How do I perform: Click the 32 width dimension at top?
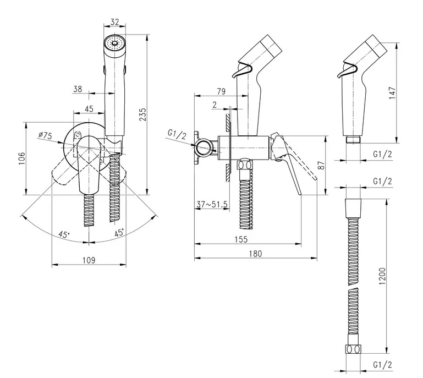click(114, 22)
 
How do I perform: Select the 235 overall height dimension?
click(142, 114)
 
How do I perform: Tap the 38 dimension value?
click(78, 89)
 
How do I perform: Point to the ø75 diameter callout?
click(45, 135)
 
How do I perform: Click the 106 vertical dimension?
click(22, 158)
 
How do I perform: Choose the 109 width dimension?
click(89, 260)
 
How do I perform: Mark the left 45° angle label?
click(64, 234)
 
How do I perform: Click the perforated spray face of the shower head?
click(115, 43)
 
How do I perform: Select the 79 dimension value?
click(221, 91)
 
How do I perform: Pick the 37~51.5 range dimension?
click(212, 205)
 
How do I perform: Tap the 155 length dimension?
click(241, 239)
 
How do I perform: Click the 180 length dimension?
click(255, 254)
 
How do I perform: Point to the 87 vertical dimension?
click(321, 165)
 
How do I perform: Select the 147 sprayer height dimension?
click(392, 93)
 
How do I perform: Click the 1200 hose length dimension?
click(382, 276)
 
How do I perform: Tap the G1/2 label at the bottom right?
click(382, 365)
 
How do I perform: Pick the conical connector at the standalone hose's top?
click(353, 209)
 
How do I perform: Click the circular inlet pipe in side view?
click(204, 147)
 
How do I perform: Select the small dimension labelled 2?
click(215, 105)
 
